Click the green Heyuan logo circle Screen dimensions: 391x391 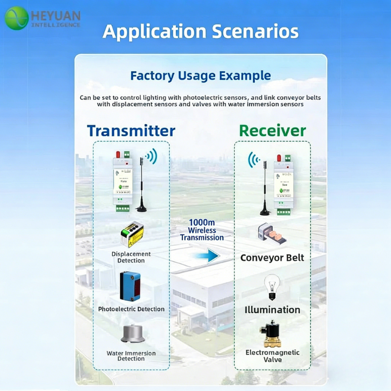tap(17, 19)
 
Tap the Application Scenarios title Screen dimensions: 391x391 tap(200, 31)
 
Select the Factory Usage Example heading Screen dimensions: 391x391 tap(200, 76)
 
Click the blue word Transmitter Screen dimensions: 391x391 tap(131, 130)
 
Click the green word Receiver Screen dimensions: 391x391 tap(272, 130)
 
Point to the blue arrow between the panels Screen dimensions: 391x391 tap(204, 255)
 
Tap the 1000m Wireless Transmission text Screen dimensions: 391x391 tap(202, 230)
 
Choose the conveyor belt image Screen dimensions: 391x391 tap(272, 235)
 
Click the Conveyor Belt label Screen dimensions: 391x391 tap(272, 258)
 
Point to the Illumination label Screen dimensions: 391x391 tap(272, 309)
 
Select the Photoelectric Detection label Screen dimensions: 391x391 tap(131, 309)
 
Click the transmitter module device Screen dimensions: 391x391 tap(123, 181)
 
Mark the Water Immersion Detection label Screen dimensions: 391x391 tap(131, 356)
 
